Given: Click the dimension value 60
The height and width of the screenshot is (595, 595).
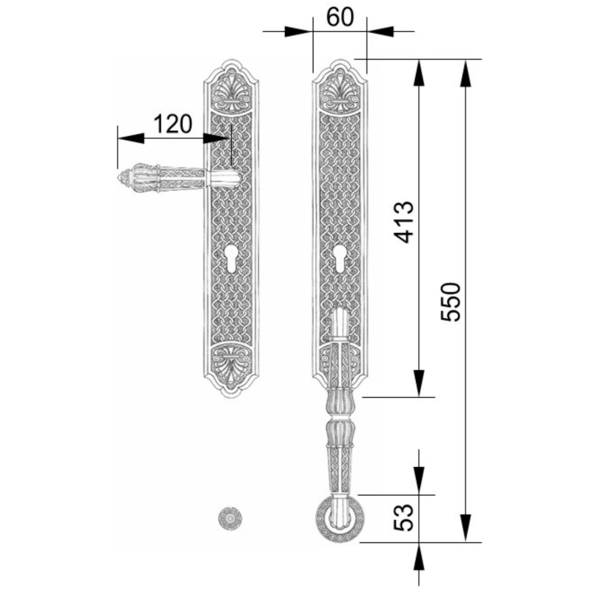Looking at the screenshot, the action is click(339, 17).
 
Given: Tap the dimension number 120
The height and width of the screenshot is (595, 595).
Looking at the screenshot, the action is click(173, 123).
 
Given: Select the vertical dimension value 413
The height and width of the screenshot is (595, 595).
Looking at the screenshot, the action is click(404, 222).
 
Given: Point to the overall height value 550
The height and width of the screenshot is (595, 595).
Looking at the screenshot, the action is click(451, 301).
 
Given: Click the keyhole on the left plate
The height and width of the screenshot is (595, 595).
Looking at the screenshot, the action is click(231, 258).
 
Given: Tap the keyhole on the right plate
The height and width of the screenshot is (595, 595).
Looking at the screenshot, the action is click(339, 258).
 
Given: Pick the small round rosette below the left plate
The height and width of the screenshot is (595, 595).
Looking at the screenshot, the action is click(230, 518).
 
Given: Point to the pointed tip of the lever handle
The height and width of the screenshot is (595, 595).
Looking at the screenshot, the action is click(119, 178).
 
